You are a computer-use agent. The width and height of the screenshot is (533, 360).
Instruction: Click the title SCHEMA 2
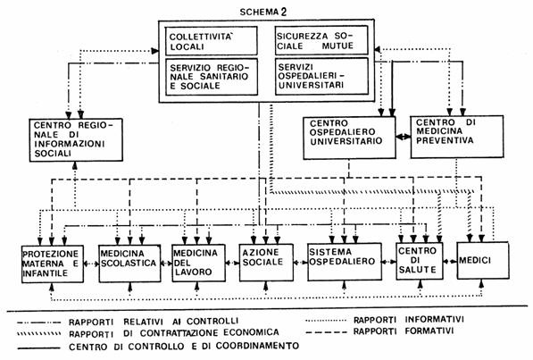tap(263, 12)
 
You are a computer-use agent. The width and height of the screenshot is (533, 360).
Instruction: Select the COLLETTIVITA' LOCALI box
tap(211, 41)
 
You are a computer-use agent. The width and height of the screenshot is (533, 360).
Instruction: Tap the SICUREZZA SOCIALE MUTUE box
tap(321, 40)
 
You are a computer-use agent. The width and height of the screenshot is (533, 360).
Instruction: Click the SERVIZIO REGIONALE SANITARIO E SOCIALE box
tap(212, 77)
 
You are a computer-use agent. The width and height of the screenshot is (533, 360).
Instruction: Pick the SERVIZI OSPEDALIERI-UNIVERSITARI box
tap(321, 76)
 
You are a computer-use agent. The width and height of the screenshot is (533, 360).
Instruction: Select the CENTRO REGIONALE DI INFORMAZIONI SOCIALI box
tap(76, 140)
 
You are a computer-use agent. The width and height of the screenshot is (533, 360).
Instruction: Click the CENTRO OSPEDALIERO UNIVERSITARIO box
tap(349, 138)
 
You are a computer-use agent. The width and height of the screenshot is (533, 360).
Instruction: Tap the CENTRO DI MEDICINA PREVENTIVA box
tap(457, 137)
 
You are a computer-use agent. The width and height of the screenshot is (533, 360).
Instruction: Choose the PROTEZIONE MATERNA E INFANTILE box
tap(53, 264)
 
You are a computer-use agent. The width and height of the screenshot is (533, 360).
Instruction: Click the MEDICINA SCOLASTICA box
tap(129, 263)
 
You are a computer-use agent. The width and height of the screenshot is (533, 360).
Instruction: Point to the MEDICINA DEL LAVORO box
tap(198, 263)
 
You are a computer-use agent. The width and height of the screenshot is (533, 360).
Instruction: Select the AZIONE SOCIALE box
tap(266, 263)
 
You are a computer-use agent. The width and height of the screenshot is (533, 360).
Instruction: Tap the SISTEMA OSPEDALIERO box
tap(345, 262)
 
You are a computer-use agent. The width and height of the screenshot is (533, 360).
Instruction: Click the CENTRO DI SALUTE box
tap(420, 261)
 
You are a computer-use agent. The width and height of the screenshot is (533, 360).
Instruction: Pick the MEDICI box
tap(483, 260)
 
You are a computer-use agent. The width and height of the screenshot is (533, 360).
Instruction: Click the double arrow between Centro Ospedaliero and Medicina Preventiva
tap(404, 137)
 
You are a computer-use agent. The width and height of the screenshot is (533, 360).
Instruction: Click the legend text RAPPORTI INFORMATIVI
tap(409, 320)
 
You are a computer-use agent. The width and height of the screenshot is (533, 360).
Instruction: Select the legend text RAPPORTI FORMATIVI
tap(404, 331)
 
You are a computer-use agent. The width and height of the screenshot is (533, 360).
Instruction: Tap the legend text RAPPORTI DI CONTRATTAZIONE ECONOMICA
tap(174, 333)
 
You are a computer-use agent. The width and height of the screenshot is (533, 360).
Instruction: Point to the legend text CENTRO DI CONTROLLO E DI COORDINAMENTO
tap(184, 346)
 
